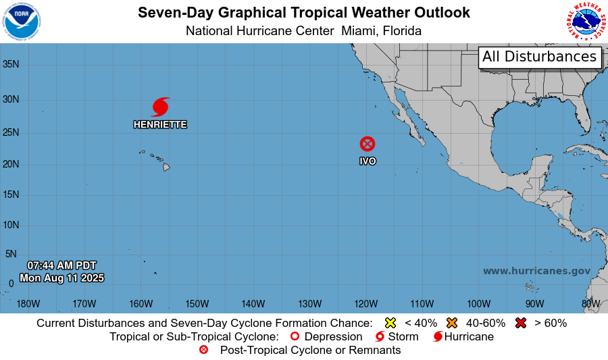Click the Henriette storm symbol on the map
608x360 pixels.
pyautogui.click(x=160, y=107)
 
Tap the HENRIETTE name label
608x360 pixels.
pyautogui.click(x=160, y=125)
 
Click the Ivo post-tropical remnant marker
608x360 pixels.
pyautogui.click(x=367, y=144)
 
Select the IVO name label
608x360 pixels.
pyautogui.click(x=368, y=161)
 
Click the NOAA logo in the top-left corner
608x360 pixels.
pyautogui.click(x=21, y=21)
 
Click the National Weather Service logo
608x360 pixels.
pyautogui.click(x=585, y=22)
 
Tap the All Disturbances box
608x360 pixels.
pyautogui.click(x=540, y=57)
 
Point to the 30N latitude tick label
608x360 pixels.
pyautogui.click(x=11, y=99)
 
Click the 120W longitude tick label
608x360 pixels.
pyautogui.click(x=365, y=303)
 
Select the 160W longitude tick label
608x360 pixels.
pyautogui.click(x=141, y=303)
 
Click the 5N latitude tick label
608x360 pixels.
pyautogui.click(x=11, y=254)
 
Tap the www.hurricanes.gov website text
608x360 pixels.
pyautogui.click(x=536, y=271)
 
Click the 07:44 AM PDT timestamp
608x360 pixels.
pyautogui.click(x=61, y=265)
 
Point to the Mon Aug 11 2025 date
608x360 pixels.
pyautogui.click(x=61, y=278)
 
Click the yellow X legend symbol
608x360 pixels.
pyautogui.click(x=390, y=323)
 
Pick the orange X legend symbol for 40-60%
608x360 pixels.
pyautogui.click(x=452, y=323)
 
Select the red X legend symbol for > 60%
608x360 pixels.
pyautogui.click(x=521, y=323)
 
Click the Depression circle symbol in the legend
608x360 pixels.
pyautogui.click(x=295, y=336)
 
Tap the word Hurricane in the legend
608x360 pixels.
pyautogui.click(x=469, y=336)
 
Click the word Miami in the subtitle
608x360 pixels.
pyautogui.click(x=359, y=31)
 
